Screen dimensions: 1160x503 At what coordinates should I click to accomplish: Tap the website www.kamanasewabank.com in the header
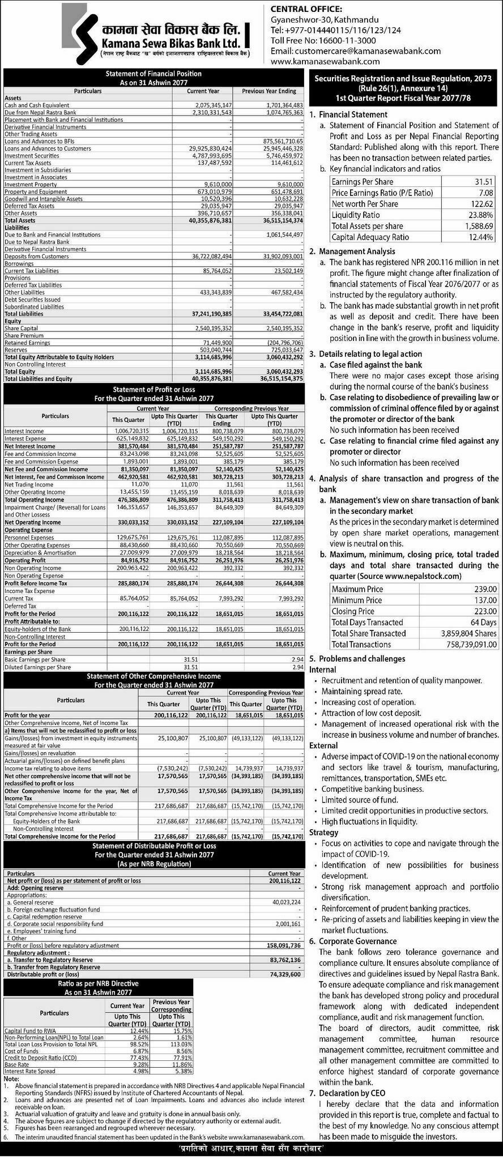(325, 61)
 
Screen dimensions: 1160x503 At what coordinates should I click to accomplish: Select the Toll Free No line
(323, 40)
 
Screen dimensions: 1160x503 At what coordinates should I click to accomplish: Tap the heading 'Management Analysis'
(357, 251)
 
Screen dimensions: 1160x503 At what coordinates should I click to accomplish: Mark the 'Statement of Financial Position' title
(154, 74)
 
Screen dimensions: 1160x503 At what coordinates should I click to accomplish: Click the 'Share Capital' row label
(22, 329)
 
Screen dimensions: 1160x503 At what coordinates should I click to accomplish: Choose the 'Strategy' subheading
(323, 833)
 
